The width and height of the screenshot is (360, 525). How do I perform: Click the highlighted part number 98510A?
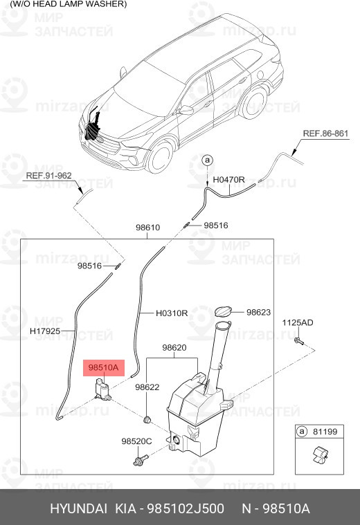tap(103, 367)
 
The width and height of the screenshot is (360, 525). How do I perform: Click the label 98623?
tap(258, 313)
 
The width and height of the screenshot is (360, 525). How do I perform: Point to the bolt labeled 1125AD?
tap(297, 340)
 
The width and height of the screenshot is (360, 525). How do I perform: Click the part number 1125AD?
tap(297, 323)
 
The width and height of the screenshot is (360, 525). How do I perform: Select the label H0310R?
tap(172, 313)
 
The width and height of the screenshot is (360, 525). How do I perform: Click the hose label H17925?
tap(45, 331)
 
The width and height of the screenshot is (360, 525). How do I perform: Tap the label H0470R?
tap(228, 180)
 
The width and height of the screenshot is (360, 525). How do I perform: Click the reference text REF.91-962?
tap(48, 176)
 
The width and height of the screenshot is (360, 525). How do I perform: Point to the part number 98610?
tap(147, 227)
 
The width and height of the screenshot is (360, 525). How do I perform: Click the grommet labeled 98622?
tap(147, 419)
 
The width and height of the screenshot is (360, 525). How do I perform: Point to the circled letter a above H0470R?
tap(206, 160)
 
